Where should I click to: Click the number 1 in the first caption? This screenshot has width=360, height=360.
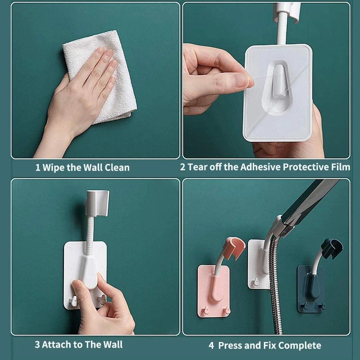pos(37,168)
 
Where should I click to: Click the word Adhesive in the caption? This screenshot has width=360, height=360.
pos(260,167)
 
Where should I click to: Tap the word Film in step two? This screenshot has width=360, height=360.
pos(340,167)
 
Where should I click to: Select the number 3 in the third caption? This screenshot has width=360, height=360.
pos(37,345)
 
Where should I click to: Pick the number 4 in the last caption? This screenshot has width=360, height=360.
pos(211,346)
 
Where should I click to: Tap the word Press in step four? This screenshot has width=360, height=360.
pos(230,346)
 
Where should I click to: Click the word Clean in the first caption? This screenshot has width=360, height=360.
pos(117,168)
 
